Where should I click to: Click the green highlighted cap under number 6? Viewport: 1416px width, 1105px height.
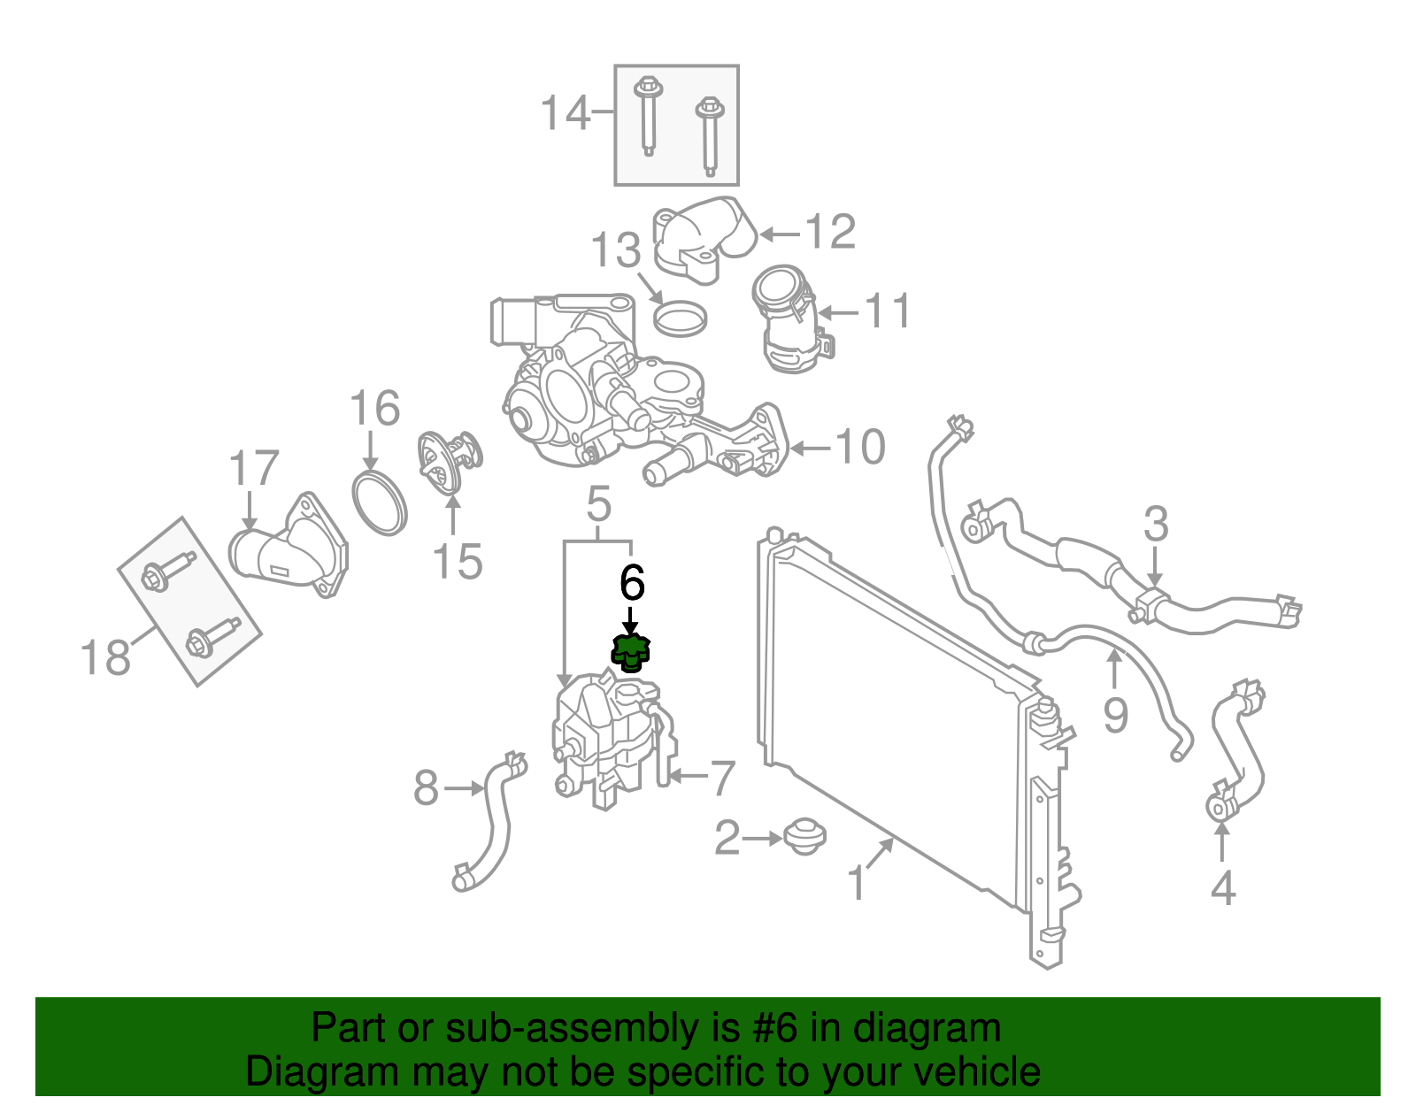(x=630, y=654)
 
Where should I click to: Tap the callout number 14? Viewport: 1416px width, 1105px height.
(x=566, y=112)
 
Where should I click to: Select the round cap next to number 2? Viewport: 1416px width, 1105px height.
(x=804, y=838)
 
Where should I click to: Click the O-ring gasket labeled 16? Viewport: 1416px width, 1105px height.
(x=380, y=505)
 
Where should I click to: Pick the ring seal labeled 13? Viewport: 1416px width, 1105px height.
(x=680, y=318)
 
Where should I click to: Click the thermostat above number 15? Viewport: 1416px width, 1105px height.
(x=449, y=463)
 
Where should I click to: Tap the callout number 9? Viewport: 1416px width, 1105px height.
(x=1115, y=715)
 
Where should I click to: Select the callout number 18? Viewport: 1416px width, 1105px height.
(x=105, y=656)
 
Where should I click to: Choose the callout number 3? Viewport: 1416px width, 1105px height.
(x=1155, y=524)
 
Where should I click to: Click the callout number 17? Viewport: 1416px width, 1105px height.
(x=253, y=468)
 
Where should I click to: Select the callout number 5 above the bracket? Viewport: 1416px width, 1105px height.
(x=598, y=503)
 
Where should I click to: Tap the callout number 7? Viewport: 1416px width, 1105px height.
(x=723, y=779)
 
